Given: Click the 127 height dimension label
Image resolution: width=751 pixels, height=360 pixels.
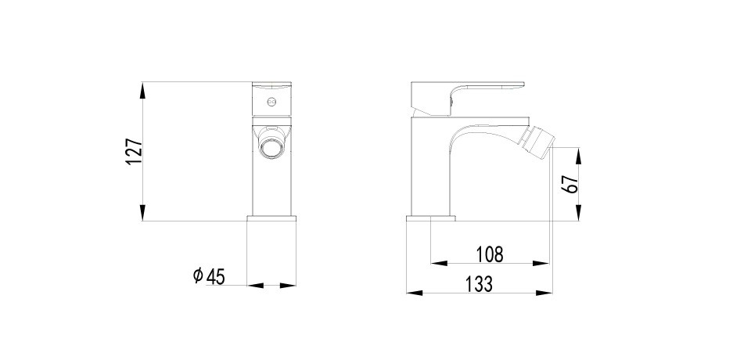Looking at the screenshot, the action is coord(134,152).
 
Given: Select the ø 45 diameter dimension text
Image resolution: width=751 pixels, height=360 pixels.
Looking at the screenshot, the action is coord(209,276).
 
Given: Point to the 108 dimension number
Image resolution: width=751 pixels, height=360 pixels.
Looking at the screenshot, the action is coord(490,254).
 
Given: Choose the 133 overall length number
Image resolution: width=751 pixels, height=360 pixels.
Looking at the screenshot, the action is coord(479,284).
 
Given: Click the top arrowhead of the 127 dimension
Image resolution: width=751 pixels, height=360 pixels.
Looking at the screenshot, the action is coord(142,90).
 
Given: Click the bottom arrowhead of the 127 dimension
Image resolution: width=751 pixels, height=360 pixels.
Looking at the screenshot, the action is coord(142,213).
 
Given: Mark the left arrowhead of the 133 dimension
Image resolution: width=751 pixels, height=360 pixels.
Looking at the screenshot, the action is coord(415,293).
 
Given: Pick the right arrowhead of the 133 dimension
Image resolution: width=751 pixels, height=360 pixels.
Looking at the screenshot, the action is coord(544,293).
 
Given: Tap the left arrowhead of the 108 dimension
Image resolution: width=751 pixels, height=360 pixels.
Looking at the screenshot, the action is coord(439,263).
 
